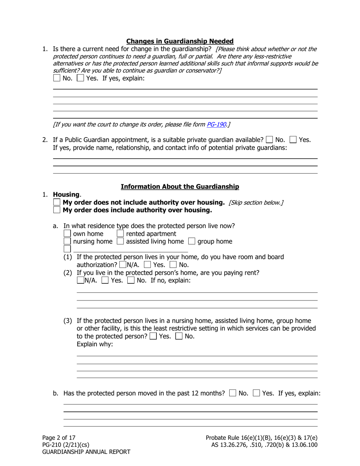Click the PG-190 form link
click(x=216, y=124)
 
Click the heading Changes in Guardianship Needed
click(x=180, y=41)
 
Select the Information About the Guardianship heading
click(x=180, y=186)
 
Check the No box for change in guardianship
click(x=57, y=78)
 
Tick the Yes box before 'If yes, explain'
click(x=80, y=78)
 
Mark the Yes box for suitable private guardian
click(x=293, y=139)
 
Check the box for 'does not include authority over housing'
click(x=57, y=202)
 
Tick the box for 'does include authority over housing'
click(x=57, y=210)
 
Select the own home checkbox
click(x=67, y=233)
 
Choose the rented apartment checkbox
click(x=120, y=233)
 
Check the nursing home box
click(x=67, y=241)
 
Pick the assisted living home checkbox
click(x=120, y=241)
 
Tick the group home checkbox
click(x=192, y=241)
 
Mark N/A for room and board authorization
click(x=123, y=265)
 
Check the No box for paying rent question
click(x=130, y=280)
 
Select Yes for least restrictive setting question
click(x=153, y=336)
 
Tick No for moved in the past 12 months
click(x=233, y=393)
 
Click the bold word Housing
click(x=66, y=194)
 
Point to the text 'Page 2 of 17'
click(x=59, y=438)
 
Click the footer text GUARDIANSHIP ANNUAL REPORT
click(x=86, y=452)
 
